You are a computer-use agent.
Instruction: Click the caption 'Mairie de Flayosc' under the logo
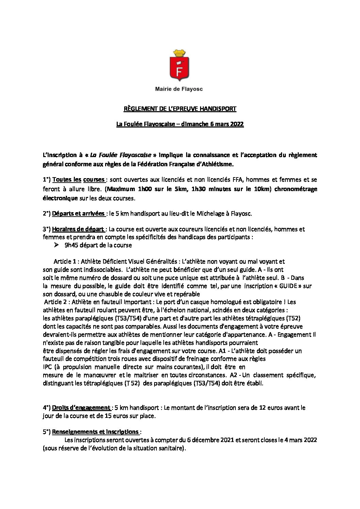(179, 89)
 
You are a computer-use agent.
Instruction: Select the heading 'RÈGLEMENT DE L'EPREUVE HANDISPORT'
(180, 109)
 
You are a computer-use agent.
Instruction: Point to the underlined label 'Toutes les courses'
(78, 180)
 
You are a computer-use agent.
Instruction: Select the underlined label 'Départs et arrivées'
(78, 214)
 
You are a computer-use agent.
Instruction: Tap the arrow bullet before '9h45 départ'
(56, 245)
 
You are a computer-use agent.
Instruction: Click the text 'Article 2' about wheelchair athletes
(55, 302)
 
